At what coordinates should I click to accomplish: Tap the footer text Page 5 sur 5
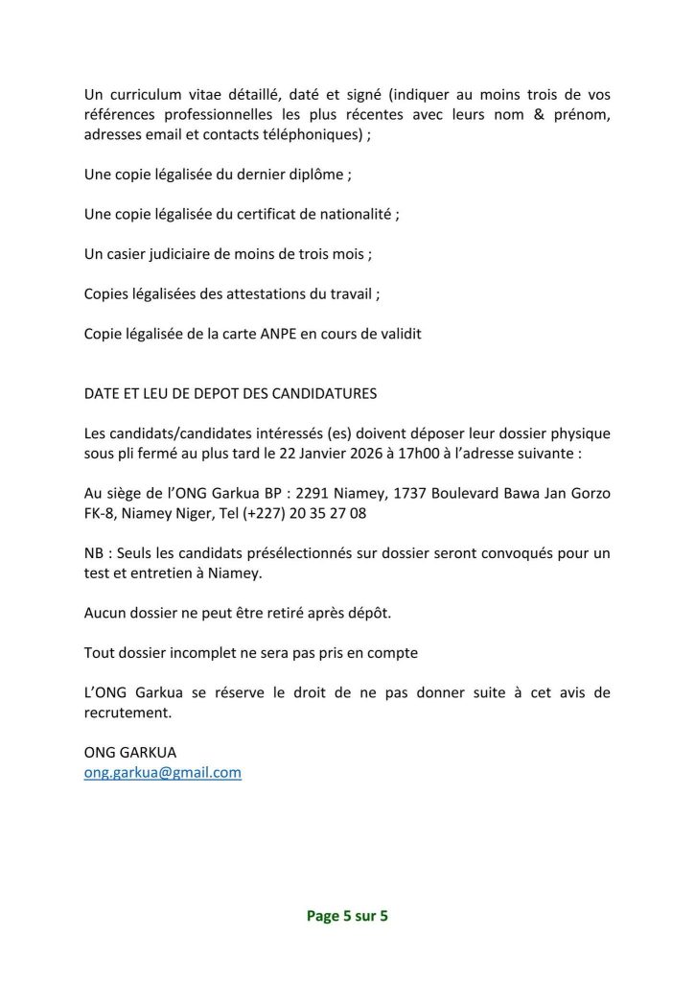pyautogui.click(x=347, y=916)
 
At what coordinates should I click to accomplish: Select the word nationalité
pyautogui.click(x=351, y=216)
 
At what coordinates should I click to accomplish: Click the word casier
pyautogui.click(x=125, y=255)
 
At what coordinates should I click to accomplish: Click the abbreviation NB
pyautogui.click(x=94, y=555)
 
